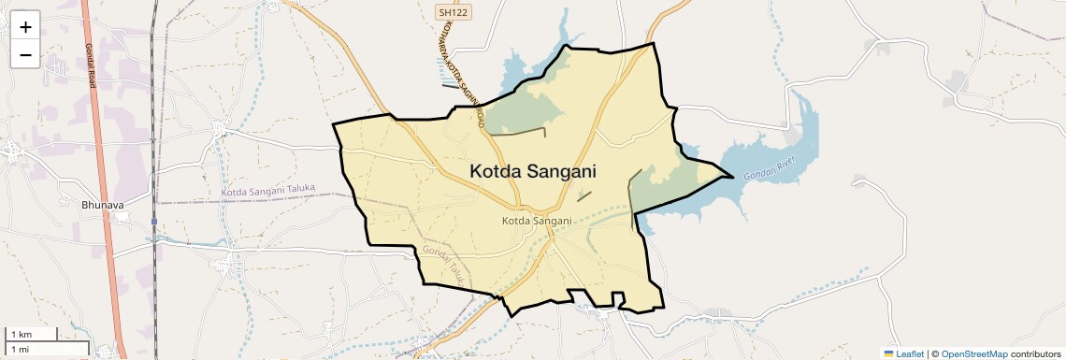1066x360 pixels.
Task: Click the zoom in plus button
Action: coord(25,27)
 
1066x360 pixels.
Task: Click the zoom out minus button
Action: coord(25,55)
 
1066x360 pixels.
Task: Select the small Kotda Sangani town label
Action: coord(537,221)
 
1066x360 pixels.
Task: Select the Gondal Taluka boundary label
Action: coord(444,264)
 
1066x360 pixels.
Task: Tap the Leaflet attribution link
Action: coord(910,353)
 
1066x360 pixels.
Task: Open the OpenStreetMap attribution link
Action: coord(974,353)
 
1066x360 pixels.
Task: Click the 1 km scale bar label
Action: coord(21,334)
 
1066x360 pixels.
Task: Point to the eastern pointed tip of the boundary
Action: coord(731,175)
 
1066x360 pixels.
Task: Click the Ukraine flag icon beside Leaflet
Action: coord(889,353)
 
